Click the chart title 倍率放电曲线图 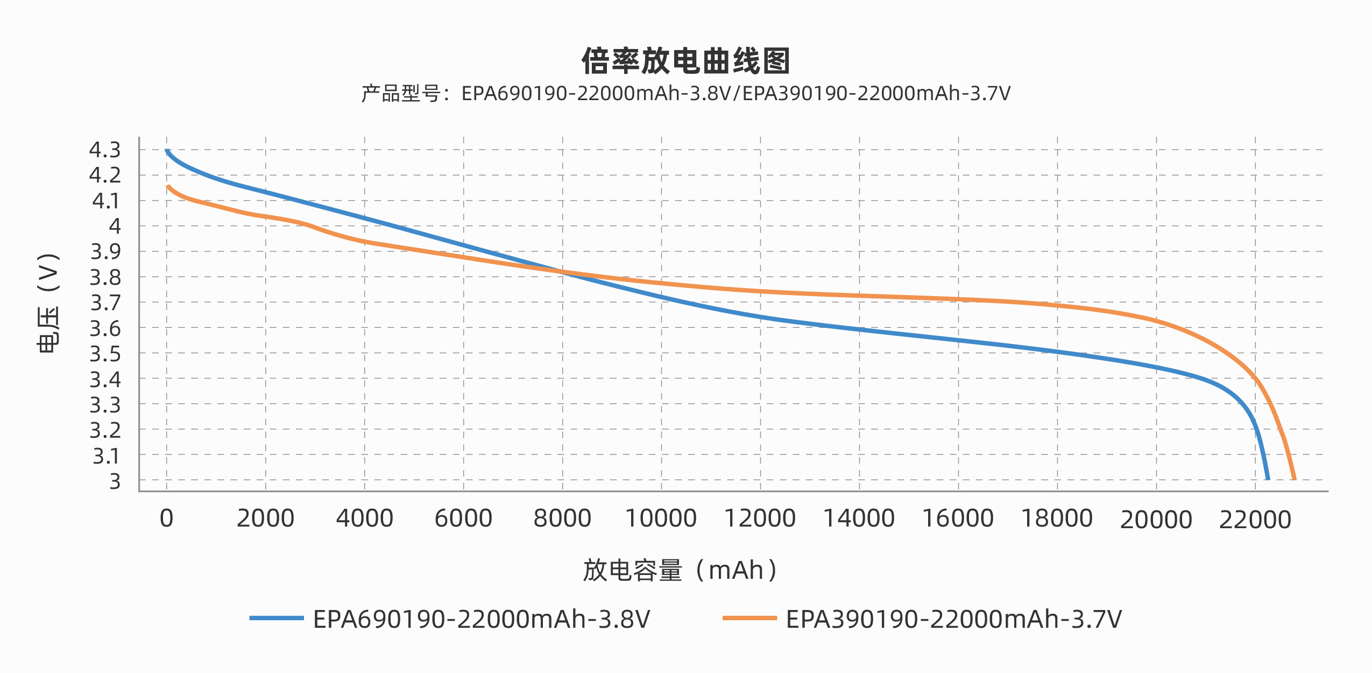tap(685, 61)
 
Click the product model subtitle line tap(685, 94)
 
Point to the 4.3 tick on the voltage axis tap(105, 150)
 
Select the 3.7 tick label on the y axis tap(105, 303)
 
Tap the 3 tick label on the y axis tap(115, 481)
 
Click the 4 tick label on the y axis tap(115, 226)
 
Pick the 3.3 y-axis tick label tap(105, 405)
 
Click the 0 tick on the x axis tap(166, 518)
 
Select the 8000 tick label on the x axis tap(562, 518)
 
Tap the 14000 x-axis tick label tap(859, 518)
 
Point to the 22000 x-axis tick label tap(1255, 520)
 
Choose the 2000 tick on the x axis tap(265, 518)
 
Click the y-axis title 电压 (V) tap(48, 303)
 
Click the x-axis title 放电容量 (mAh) tap(680, 570)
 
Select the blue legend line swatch tap(277, 618)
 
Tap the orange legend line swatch tap(749, 618)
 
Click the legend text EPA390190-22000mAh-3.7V tap(953, 619)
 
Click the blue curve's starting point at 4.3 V tap(167, 151)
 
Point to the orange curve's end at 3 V tap(1294, 478)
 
